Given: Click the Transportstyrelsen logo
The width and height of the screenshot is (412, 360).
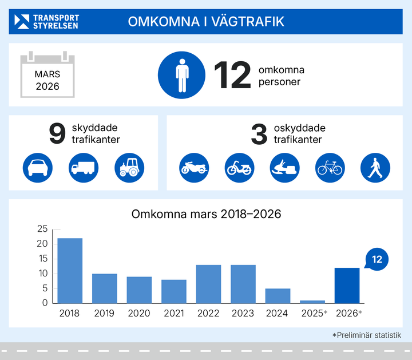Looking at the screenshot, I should [x=47, y=22].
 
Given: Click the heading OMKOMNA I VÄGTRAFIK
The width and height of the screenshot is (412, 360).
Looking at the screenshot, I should [x=206, y=22].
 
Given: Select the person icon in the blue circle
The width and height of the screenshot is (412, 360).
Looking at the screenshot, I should [x=181, y=75].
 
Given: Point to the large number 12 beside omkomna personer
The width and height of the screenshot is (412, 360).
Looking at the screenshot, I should [x=232, y=76].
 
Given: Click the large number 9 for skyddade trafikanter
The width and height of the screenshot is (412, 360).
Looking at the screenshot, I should [x=58, y=134].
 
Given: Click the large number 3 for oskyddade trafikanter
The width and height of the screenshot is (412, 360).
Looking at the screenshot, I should [x=259, y=134].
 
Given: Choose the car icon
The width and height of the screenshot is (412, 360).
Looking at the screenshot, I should [x=38, y=168].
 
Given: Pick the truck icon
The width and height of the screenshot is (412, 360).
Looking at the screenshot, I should [x=84, y=168].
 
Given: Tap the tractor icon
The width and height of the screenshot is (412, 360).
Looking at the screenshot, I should [x=129, y=168].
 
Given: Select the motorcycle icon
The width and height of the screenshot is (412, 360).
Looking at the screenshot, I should [x=194, y=168].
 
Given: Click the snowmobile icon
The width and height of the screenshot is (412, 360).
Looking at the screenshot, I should [x=285, y=168].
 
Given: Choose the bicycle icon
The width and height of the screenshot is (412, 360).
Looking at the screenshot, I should [x=331, y=168].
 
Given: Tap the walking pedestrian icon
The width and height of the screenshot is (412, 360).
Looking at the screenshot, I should [x=375, y=168].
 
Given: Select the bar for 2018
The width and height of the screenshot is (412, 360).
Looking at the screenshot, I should [x=70, y=271].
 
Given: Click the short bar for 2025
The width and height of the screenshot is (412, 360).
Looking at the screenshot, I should [x=312, y=302].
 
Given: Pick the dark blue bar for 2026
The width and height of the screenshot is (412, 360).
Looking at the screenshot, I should [x=347, y=286].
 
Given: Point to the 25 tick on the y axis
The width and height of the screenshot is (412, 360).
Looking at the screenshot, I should [x=42, y=229].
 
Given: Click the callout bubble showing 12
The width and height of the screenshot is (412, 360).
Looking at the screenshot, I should [x=377, y=259].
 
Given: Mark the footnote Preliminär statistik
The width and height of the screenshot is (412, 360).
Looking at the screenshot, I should [x=367, y=335].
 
